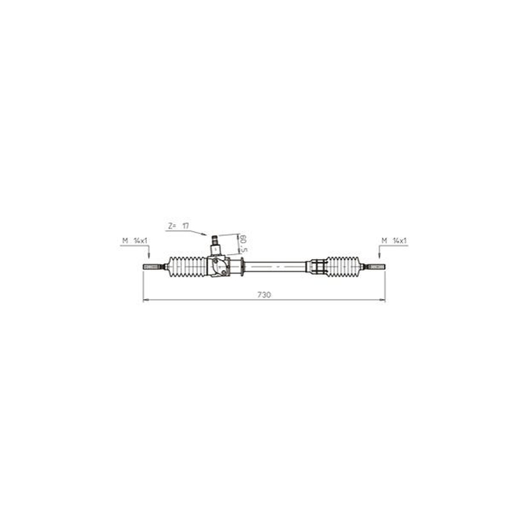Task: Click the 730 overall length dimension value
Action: pyautogui.click(x=264, y=294)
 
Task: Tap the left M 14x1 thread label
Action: pyautogui.click(x=135, y=241)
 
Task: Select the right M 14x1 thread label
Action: pyautogui.click(x=394, y=241)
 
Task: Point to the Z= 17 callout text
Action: pyautogui.click(x=179, y=225)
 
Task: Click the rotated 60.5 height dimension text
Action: pyautogui.click(x=243, y=243)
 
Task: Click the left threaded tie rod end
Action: pyautogui.click(x=153, y=266)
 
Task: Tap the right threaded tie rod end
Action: pyautogui.click(x=375, y=266)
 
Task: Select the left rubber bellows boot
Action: pyautogui.click(x=187, y=267)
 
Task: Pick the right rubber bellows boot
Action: pyautogui.click(x=343, y=266)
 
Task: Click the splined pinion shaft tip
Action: pyautogui.click(x=215, y=240)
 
